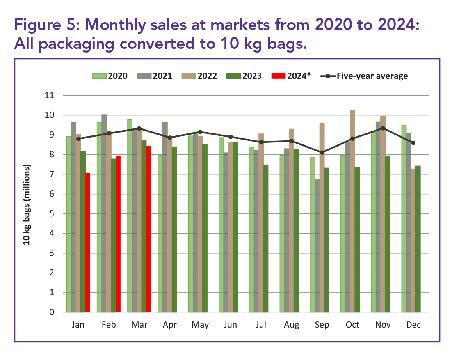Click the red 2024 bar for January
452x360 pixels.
tap(87, 242)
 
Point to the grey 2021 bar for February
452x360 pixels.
tap(104, 213)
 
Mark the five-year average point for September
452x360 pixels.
tap(322, 152)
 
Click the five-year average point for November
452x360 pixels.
tap(383, 128)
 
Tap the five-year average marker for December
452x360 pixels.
tap(413, 143)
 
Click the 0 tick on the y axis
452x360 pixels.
tap(52, 312)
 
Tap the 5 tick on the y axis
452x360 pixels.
tap(52, 214)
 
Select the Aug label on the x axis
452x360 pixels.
tap(292, 325)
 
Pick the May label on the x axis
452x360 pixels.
tap(200, 325)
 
